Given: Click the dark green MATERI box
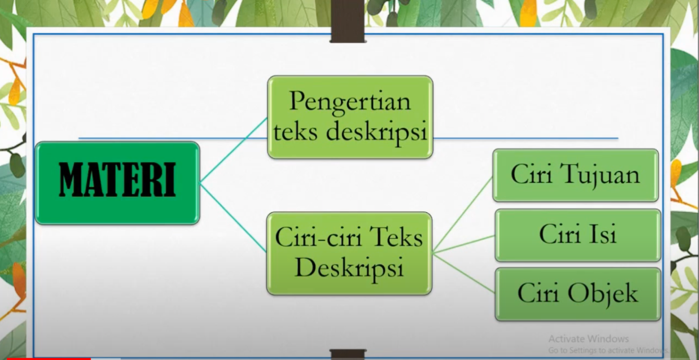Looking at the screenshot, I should tap(117, 183).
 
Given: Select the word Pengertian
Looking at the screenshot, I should tap(350, 101).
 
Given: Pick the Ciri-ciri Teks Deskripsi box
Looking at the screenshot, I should tap(349, 253).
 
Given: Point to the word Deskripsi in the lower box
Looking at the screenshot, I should tap(349, 268).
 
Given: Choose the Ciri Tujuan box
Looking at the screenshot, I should tap(575, 175).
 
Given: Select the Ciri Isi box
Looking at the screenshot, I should tap(578, 235).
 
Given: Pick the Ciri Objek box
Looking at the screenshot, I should tap(578, 294).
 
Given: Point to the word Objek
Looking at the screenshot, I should tap(602, 294).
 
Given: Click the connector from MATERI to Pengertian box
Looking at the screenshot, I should tap(234, 150).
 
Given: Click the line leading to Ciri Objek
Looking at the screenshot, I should tap(464, 273).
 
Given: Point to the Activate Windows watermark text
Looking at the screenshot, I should tap(588, 339).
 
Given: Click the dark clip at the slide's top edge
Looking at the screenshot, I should tap(348, 20).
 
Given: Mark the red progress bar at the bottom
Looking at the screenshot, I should tap(45, 358).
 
